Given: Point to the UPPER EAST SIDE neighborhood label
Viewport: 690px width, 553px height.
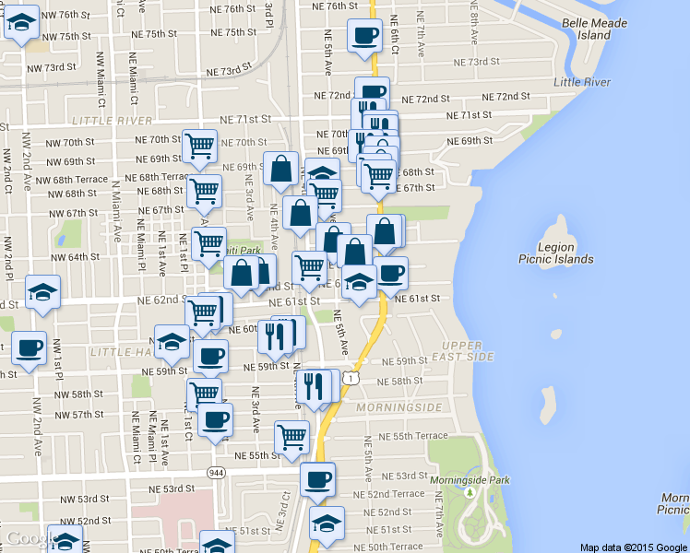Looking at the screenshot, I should pos(458,349).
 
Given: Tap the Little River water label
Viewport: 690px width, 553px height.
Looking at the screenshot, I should pos(582,82).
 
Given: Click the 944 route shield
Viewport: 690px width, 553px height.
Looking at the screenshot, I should pos(217,473).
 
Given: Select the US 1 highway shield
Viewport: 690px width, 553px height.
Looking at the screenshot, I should pos(351,378).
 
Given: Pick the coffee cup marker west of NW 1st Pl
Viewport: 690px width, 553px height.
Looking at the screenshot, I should pos(30,347).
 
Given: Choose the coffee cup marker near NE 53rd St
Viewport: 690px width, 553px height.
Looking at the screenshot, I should pos(318,478).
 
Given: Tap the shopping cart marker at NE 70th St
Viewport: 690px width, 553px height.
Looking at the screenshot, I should pos(199,146).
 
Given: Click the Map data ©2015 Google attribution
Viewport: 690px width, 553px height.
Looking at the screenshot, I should pos(633,547).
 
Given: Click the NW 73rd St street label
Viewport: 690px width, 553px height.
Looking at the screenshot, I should pos(45,67).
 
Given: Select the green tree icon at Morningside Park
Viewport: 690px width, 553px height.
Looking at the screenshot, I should pos(469,492).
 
